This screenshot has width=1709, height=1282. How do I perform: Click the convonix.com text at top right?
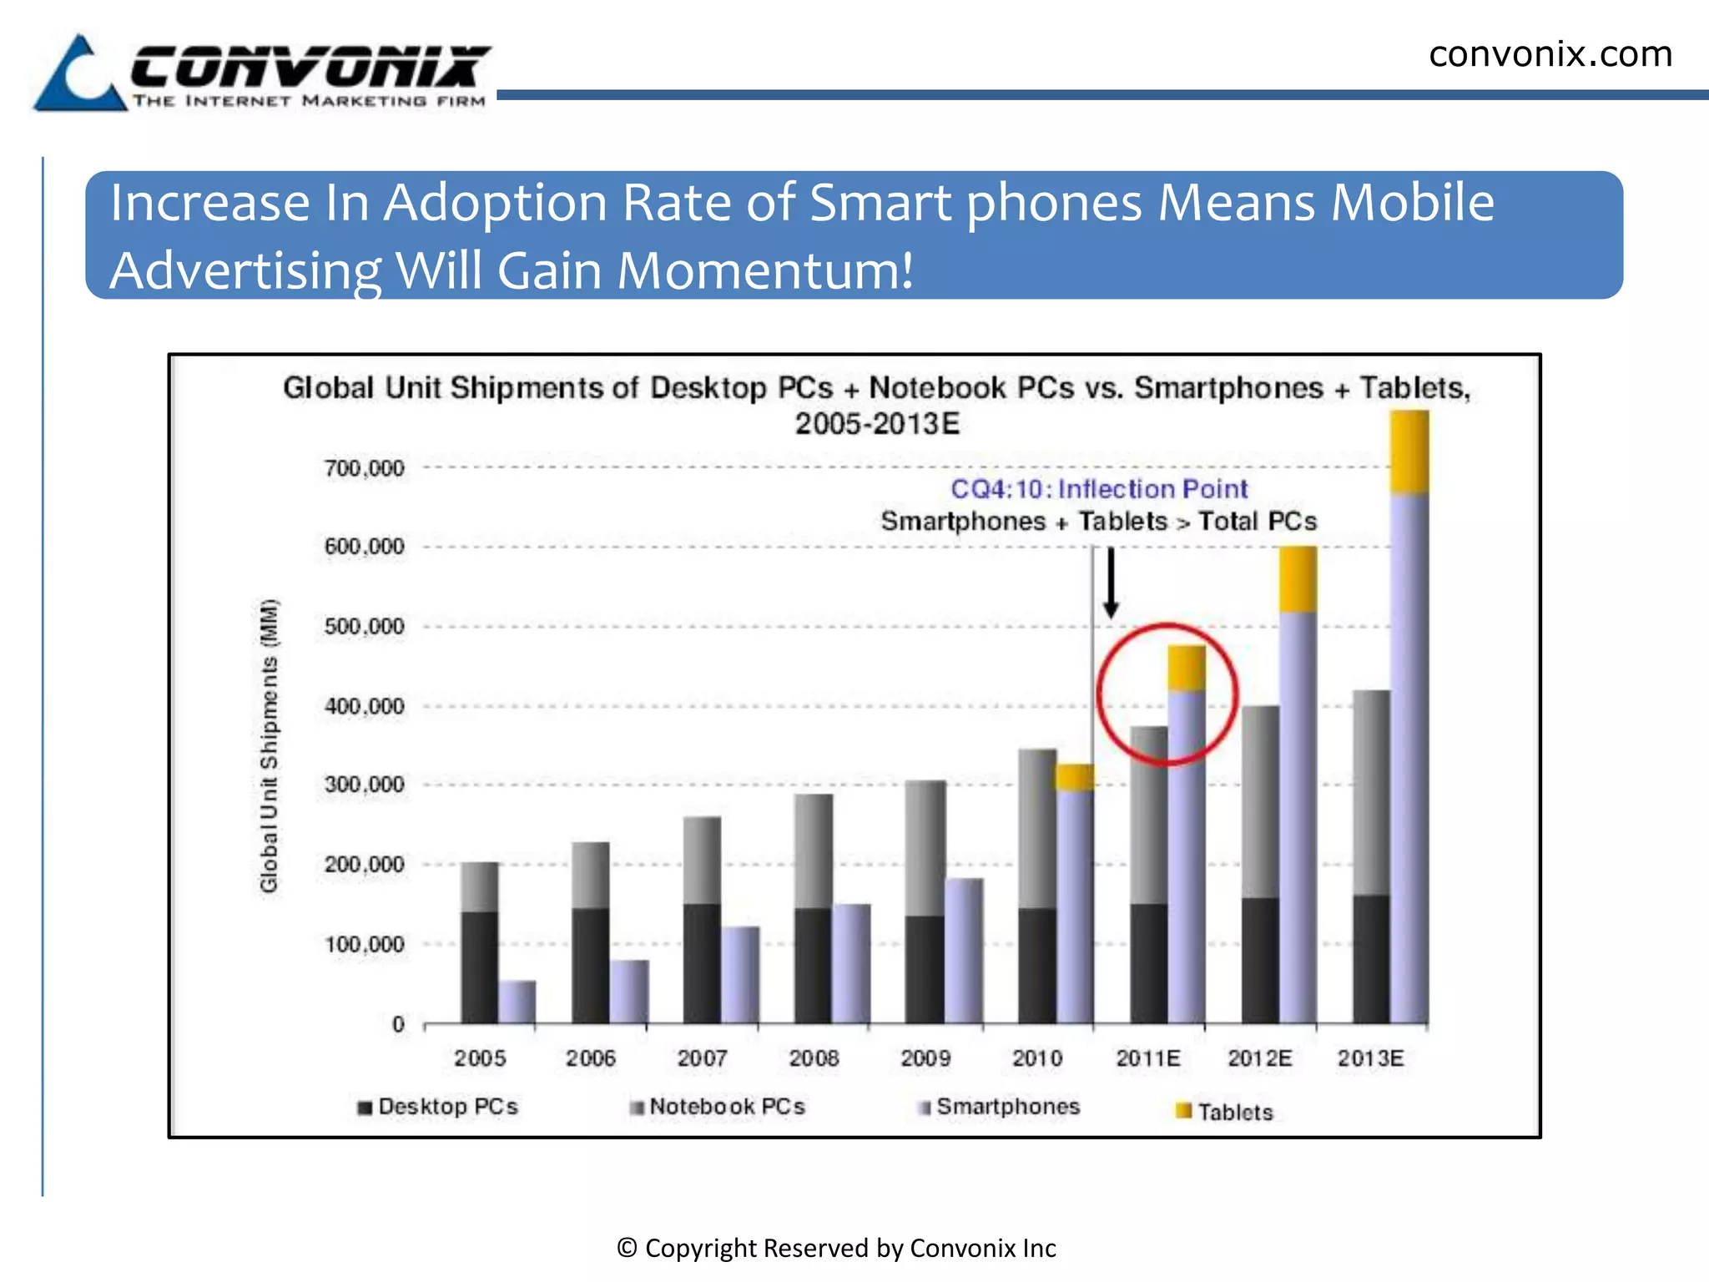point(1550,54)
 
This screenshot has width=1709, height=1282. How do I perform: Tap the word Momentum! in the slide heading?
point(765,271)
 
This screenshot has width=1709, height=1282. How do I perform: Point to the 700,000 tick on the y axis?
point(364,468)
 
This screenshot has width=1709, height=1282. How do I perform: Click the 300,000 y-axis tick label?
point(364,785)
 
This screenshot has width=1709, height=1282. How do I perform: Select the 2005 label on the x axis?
point(480,1058)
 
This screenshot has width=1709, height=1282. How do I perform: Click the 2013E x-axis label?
point(1370,1058)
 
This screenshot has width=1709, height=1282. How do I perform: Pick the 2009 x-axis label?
point(925,1058)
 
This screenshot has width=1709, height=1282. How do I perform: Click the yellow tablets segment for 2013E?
point(1409,452)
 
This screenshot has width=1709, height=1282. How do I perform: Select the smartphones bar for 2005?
point(517,1002)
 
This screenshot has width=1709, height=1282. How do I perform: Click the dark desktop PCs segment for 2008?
point(813,965)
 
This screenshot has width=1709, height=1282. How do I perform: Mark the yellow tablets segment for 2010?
point(1074,777)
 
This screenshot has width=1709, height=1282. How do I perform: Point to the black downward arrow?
point(1111,582)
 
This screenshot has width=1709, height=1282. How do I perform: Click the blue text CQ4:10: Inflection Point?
point(1099,489)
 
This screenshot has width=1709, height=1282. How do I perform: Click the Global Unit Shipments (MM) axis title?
point(269,745)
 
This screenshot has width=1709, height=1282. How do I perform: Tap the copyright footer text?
point(836,1248)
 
